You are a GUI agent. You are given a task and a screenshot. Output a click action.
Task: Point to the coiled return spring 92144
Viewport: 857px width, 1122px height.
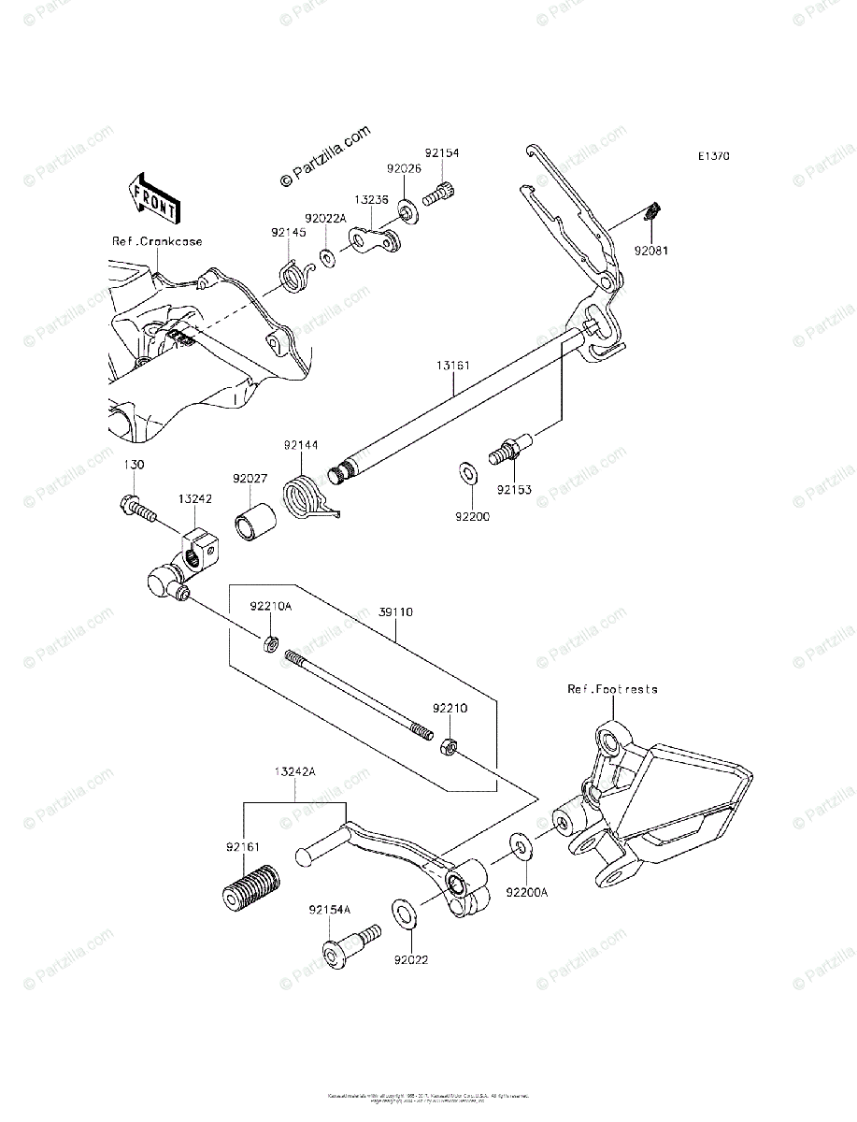(x=306, y=496)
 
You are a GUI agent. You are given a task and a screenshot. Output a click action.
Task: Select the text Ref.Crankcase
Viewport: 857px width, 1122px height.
(x=157, y=241)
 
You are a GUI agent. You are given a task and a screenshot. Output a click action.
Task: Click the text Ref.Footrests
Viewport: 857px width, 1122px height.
(x=612, y=689)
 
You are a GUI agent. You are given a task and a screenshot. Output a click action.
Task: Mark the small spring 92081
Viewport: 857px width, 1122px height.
(x=654, y=215)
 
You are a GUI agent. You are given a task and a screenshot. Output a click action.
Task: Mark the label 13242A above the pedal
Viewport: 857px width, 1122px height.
(x=294, y=772)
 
